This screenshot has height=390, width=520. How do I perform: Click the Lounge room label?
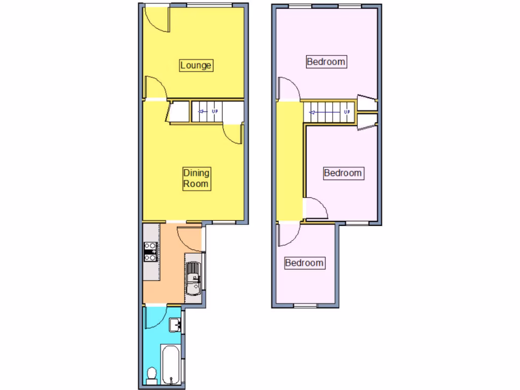(x=196, y=66)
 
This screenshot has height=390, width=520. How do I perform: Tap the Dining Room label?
(x=196, y=178)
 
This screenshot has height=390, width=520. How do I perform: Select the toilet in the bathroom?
(x=151, y=375)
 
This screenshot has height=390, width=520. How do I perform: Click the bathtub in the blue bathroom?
(x=170, y=364)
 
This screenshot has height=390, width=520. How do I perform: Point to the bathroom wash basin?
(x=175, y=323)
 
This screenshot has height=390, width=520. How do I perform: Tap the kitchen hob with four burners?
(x=150, y=252)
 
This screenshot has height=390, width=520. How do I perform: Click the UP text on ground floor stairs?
(x=215, y=111)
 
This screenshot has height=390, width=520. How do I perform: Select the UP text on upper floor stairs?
(x=347, y=112)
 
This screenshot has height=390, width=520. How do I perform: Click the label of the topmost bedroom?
(x=326, y=62)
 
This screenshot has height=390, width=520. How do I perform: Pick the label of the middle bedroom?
(x=343, y=173)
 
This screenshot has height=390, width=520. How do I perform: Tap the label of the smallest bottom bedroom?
(x=304, y=263)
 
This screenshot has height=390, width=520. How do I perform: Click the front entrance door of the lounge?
(x=155, y=19)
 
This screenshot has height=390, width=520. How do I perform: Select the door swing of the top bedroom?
(x=288, y=89)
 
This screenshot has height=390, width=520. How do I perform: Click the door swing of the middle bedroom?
(x=316, y=208)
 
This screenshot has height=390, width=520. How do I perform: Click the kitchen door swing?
(x=189, y=235)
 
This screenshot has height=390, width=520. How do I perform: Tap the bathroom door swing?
(x=154, y=317)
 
